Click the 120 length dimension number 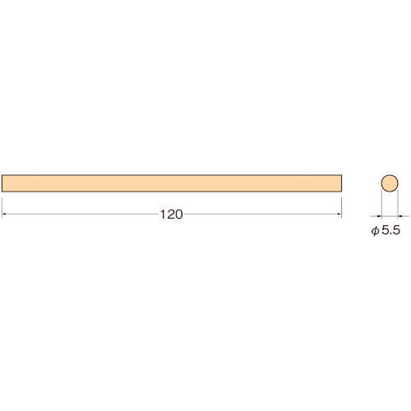coord(171,215)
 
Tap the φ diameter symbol coord(375,231)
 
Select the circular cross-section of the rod coord(390,183)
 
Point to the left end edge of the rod coord(2,183)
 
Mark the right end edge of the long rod coord(341,183)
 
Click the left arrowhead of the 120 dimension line coord(3,214)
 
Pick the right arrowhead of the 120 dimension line coord(339,214)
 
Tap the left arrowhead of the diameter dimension coord(380,216)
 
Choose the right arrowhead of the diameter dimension coord(399,216)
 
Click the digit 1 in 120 coord(163,215)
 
